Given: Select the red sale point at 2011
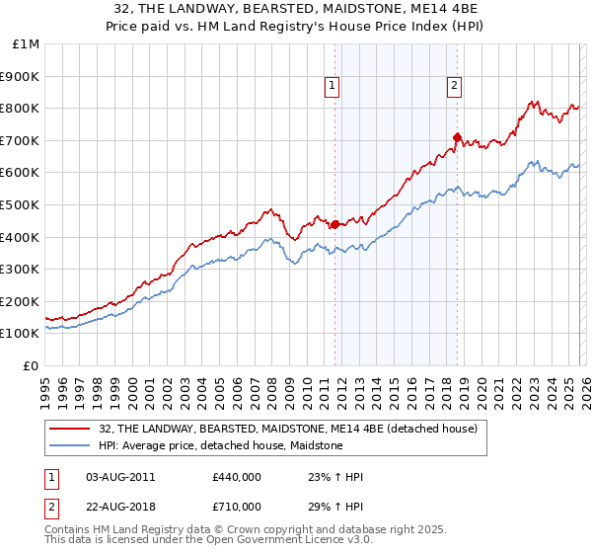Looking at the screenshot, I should [x=335, y=224].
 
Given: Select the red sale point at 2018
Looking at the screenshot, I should [x=458, y=137].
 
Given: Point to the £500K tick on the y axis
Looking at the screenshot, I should [x=20, y=204].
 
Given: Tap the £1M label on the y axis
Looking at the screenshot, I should [x=27, y=43].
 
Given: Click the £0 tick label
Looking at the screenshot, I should [x=32, y=365].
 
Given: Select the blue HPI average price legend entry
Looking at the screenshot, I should [x=220, y=445].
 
